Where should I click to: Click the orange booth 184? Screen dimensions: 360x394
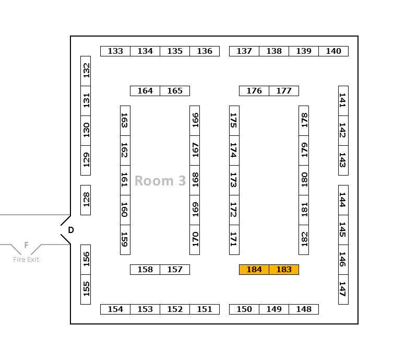[x=254, y=270]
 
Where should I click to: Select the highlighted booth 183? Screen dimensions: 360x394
[x=284, y=270]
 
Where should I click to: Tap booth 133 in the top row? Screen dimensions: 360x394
[x=115, y=51]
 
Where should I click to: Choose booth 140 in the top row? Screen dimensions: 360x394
[x=333, y=51]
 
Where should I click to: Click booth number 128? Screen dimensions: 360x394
[x=86, y=200]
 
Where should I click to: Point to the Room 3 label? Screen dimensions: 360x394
[x=160, y=181]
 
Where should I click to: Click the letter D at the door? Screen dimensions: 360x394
[x=71, y=230]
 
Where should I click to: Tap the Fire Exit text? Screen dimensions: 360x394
[x=26, y=260]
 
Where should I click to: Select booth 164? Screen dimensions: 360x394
[x=145, y=91]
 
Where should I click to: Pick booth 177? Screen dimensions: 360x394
[x=284, y=91]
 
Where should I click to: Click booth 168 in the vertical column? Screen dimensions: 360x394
[x=195, y=180]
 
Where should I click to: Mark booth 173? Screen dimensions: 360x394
[x=234, y=180]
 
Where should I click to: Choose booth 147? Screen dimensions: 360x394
[x=343, y=289]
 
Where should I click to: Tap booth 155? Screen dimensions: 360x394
[x=86, y=289]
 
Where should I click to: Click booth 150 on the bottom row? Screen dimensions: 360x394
[x=244, y=309]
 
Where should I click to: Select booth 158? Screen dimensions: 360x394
[x=145, y=270]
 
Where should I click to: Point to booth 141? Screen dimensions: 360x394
[x=343, y=101]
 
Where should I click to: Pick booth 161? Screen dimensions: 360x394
[x=125, y=180]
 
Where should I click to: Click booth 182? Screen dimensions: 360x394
[x=304, y=239]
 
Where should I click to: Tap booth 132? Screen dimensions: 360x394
[x=86, y=71]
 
